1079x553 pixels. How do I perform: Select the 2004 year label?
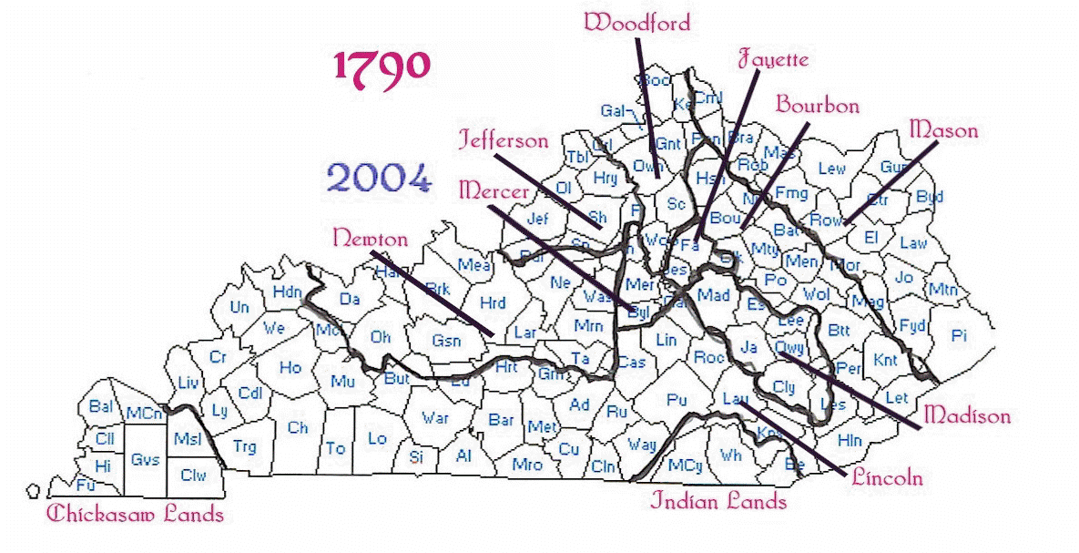pyautogui.click(x=377, y=179)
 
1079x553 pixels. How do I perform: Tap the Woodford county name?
pyautogui.click(x=637, y=22)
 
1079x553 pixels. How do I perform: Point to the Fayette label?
pyautogui.click(x=771, y=60)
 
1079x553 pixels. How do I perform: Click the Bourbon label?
pyautogui.click(x=817, y=106)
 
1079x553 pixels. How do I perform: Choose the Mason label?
pyautogui.click(x=943, y=130)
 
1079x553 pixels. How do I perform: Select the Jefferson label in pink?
pyautogui.click(x=504, y=140)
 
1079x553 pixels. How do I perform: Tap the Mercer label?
pyautogui.click(x=494, y=190)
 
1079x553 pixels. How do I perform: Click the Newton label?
pyautogui.click(x=370, y=238)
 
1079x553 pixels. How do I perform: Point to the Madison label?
pyautogui.click(x=967, y=415)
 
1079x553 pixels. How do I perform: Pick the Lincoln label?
pyautogui.click(x=888, y=476)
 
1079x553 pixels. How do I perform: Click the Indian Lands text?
pyautogui.click(x=718, y=501)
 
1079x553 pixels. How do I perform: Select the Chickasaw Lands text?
pyautogui.click(x=135, y=514)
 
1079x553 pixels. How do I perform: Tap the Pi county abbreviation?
pyautogui.click(x=958, y=336)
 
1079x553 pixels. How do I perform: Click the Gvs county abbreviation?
pyautogui.click(x=145, y=460)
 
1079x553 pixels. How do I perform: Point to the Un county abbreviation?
pyautogui.click(x=239, y=308)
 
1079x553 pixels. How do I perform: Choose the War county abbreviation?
pyautogui.click(x=434, y=418)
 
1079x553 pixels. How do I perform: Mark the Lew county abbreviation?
pyautogui.click(x=831, y=169)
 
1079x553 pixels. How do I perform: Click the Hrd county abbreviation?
pyautogui.click(x=492, y=303)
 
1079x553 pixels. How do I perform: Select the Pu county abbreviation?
pyautogui.click(x=676, y=399)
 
